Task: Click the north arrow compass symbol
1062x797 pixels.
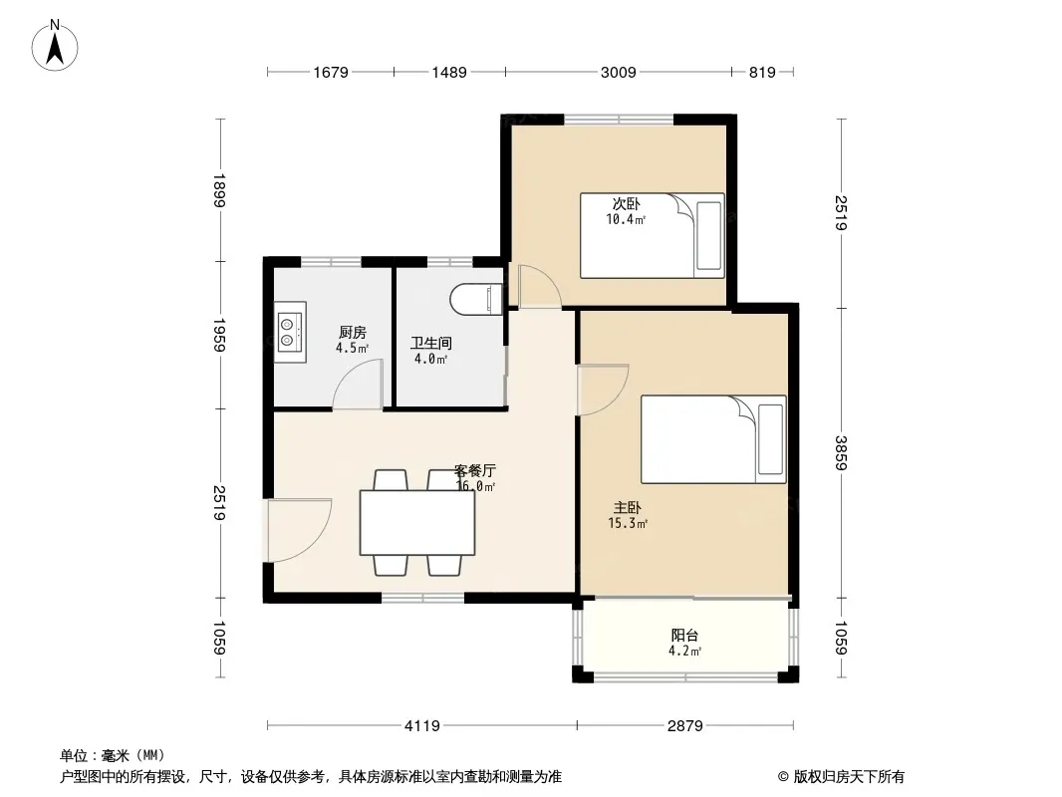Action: tap(55, 46)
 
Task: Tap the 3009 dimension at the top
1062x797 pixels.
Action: tap(619, 72)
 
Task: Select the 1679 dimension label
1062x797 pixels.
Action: tap(331, 72)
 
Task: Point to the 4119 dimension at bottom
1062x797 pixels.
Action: tap(422, 726)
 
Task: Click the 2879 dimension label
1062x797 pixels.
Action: tap(684, 726)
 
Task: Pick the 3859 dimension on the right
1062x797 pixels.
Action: tap(841, 453)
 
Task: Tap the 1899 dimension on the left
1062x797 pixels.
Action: tap(219, 190)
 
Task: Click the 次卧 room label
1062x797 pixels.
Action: tap(626, 203)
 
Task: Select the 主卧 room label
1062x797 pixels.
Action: tap(628, 507)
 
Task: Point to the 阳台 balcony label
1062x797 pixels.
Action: tap(684, 636)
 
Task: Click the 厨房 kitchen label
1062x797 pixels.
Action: tap(353, 333)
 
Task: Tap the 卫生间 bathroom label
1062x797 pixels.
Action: tap(430, 344)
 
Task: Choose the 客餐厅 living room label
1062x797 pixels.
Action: tap(475, 470)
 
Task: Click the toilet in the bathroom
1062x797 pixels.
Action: tap(475, 299)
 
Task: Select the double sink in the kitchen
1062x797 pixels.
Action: tap(291, 332)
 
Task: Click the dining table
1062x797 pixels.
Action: tap(417, 523)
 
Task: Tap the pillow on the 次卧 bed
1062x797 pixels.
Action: tap(708, 236)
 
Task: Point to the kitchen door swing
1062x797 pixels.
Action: tap(359, 384)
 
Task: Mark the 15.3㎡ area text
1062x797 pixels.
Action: tap(628, 523)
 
